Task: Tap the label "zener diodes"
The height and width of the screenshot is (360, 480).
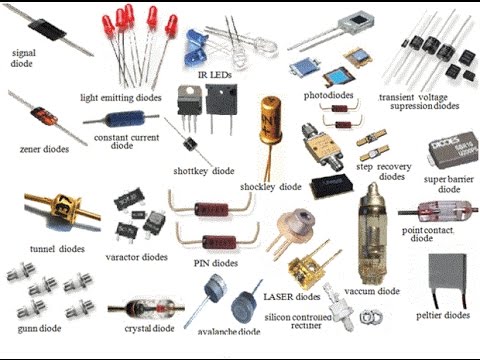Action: pyautogui.click(x=44, y=149)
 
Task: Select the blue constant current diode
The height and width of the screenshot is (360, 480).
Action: pyautogui.click(x=125, y=118)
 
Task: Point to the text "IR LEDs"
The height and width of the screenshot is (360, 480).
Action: pyautogui.click(x=215, y=75)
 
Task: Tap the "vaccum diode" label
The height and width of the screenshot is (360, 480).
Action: pyautogui.click(x=372, y=291)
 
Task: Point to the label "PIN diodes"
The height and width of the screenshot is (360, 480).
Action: pyautogui.click(x=216, y=263)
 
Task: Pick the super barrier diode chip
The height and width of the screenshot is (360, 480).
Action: pyautogui.click(x=453, y=151)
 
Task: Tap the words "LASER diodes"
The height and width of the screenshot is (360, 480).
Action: pyautogui.click(x=292, y=297)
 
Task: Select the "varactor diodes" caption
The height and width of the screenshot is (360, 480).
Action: pyautogui.click(x=136, y=257)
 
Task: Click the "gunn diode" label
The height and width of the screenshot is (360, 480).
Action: pyautogui.click(x=39, y=329)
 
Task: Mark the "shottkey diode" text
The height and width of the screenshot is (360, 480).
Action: pyautogui.click(x=204, y=171)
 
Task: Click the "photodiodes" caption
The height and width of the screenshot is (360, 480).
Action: pyautogui.click(x=328, y=96)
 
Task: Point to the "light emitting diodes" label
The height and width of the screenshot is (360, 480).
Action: pyautogui.click(x=121, y=98)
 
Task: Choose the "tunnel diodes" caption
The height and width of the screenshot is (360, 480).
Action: pyautogui.click(x=57, y=249)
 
